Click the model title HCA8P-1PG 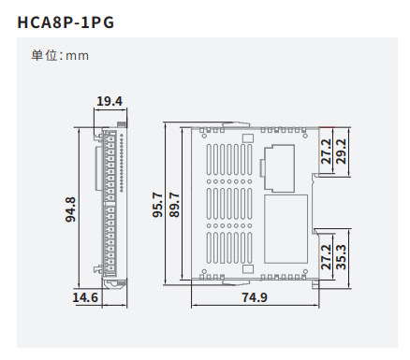pos(66,22)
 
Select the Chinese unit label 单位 pos(44,55)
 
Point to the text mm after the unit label pos(77,56)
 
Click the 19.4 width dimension pos(110,101)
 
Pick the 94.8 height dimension pos(70,209)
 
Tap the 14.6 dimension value pos(85,297)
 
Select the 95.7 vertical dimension pos(157,205)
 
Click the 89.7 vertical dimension pos(174,205)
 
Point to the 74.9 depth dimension pos(255,297)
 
